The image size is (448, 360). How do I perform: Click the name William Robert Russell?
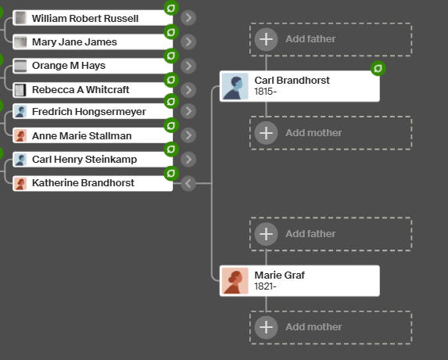85,18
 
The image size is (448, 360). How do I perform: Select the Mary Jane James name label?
74,42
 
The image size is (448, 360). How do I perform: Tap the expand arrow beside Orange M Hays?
188,66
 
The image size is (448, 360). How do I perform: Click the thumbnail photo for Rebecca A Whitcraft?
20,90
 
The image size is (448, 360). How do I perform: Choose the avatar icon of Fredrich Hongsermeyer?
20,111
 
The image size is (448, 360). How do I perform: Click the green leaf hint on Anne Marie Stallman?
171,125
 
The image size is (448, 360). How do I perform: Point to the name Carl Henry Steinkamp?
84,160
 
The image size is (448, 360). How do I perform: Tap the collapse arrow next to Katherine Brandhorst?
188,183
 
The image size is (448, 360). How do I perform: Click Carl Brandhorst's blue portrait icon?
235,86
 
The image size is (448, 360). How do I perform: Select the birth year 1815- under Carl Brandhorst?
265,92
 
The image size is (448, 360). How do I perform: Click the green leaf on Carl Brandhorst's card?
378,69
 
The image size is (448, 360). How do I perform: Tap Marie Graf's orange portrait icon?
235,281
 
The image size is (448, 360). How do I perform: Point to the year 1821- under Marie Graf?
265,286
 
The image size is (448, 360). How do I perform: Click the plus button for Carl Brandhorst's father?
266,39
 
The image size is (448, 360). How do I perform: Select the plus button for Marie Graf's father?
266,234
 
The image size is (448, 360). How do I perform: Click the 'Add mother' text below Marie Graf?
314,327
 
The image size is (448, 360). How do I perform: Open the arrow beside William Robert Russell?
188,18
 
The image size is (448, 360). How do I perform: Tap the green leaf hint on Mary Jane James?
171,32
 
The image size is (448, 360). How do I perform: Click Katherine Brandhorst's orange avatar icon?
20,183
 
